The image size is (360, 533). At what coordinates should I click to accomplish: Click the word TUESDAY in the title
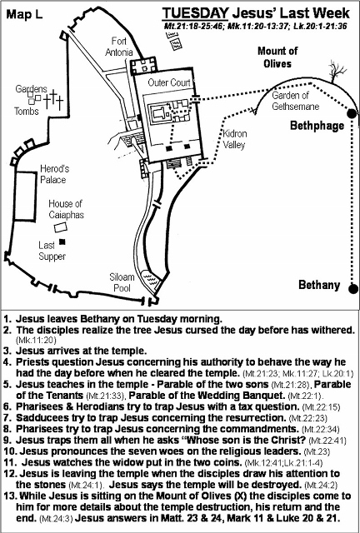point(195,13)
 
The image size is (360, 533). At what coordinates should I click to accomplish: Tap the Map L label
point(24,14)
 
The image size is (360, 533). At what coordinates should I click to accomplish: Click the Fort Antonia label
point(119,47)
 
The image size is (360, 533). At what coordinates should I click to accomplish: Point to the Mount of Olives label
point(277,57)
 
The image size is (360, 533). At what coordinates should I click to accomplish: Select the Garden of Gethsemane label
point(295,101)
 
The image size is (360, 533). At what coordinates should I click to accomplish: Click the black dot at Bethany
point(353,289)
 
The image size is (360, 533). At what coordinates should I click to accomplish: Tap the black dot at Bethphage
point(352,113)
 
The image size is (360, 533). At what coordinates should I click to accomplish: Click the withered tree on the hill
point(337,72)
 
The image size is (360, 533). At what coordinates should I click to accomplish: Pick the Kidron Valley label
point(234,139)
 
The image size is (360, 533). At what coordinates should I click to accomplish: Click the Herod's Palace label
point(54,174)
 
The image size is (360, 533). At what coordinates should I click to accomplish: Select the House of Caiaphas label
point(66,209)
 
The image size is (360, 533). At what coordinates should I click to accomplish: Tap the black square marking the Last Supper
point(62,242)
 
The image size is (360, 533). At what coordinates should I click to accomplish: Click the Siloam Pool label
point(122,282)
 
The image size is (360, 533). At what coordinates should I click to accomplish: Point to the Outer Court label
point(169,82)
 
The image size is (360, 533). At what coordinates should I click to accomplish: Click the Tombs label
point(26,111)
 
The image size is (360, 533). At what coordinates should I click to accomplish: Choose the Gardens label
point(32,89)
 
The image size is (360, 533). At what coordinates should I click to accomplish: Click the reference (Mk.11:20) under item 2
point(36,340)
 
